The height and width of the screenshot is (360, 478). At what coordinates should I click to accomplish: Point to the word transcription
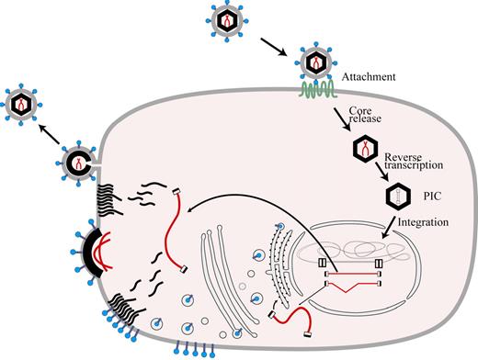[x=435, y=165]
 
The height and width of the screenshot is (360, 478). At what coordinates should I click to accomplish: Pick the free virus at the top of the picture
[x=223, y=17]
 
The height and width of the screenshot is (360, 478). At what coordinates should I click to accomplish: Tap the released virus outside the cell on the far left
[x=25, y=104]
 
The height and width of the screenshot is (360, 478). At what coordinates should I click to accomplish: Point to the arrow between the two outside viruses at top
[x=273, y=43]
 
